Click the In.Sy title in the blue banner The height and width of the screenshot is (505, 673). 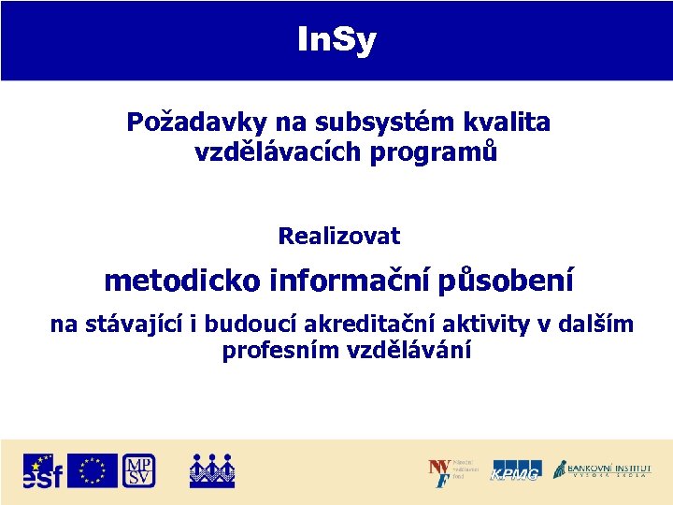point(336,40)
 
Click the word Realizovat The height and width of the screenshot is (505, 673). point(338,237)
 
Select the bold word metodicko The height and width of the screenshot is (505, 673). point(182,281)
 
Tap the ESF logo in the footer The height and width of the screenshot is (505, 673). point(43,470)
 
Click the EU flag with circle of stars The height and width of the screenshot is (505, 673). point(93,470)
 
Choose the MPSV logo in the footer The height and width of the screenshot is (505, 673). point(138,470)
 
